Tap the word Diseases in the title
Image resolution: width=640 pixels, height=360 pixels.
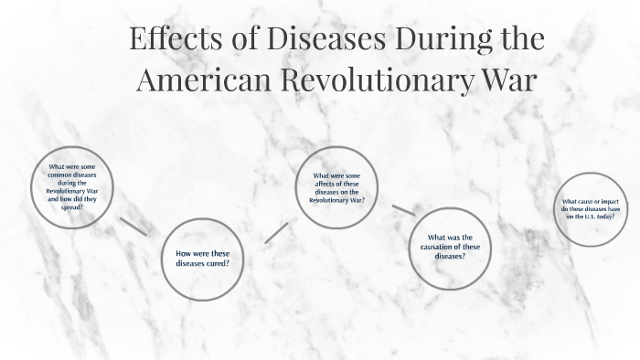coord(304,40)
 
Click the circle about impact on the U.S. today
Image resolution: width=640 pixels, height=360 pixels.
coord(592,208)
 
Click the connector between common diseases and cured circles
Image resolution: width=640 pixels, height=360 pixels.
coord(133,227)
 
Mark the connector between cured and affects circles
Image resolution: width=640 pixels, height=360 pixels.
coord(276,230)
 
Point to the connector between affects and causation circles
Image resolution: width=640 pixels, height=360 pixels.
coord(403,210)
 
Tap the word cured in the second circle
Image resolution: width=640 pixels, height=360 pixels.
coord(216,263)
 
